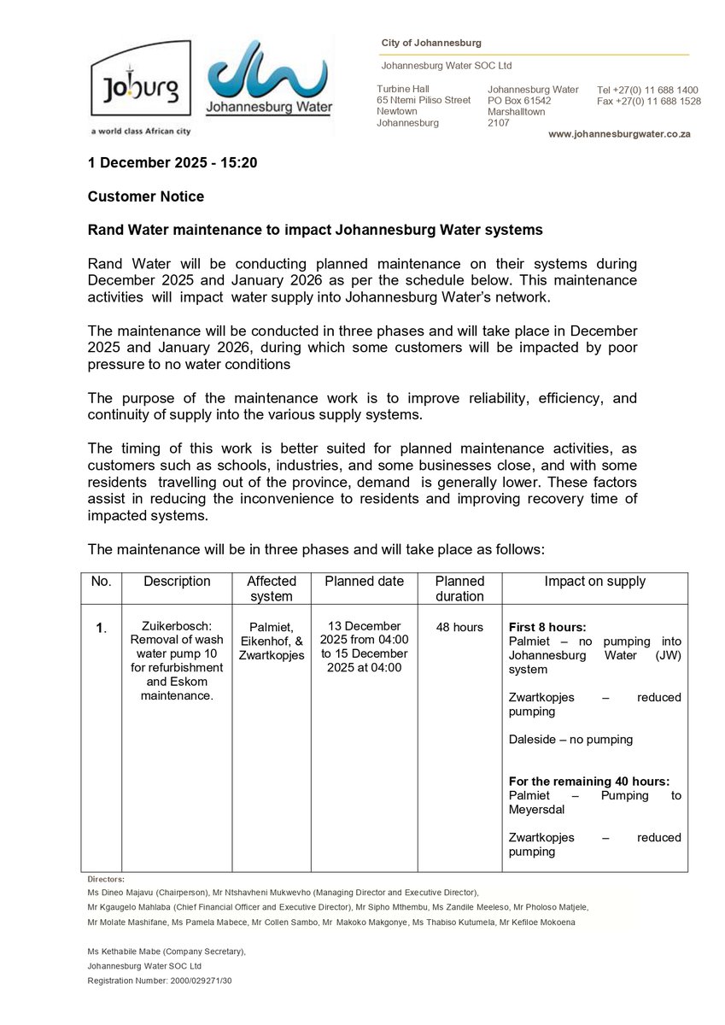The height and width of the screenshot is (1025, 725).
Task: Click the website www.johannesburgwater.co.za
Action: point(619,134)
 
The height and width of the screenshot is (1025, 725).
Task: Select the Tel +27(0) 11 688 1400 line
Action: point(647,90)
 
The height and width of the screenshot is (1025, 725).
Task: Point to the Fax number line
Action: point(648,101)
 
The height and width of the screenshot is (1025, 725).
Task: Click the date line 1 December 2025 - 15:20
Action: point(172,162)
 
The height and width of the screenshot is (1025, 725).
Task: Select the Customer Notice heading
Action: point(146,196)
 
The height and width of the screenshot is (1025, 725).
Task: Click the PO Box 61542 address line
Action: point(519,101)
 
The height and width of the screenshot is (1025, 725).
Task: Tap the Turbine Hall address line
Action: point(403,89)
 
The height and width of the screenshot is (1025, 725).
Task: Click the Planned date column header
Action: point(364,582)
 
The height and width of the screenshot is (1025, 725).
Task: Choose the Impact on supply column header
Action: point(594,582)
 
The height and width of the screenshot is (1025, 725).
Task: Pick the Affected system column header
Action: point(271,589)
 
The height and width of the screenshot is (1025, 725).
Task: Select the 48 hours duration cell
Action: point(459,627)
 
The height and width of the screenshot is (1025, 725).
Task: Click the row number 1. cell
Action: point(101,628)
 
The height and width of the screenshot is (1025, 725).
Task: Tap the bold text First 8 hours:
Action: point(547,627)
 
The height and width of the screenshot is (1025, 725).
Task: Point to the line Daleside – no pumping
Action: point(570,740)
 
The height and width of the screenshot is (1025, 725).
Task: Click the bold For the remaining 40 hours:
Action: point(588,782)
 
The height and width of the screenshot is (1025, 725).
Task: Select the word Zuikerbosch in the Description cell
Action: point(177,627)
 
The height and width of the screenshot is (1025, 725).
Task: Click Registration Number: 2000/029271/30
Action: point(159,981)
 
